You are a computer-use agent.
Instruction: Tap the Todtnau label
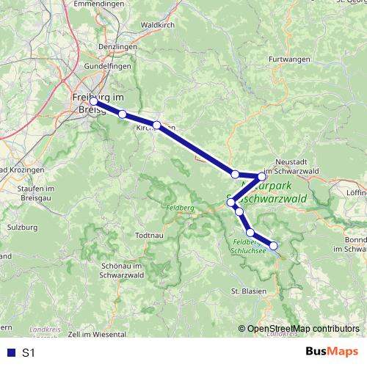[149, 235]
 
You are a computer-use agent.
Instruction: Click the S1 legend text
[29, 353]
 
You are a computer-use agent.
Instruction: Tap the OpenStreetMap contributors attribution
[303, 330]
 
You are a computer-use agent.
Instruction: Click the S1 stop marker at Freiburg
[93, 102]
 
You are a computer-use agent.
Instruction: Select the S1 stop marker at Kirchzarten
[156, 125]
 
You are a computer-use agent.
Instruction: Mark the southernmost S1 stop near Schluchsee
[274, 246]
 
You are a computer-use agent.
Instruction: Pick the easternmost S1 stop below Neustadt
[261, 176]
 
